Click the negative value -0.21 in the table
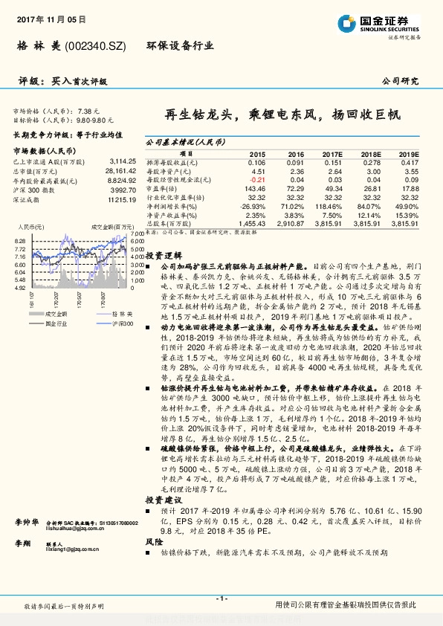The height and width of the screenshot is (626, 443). [x=256, y=179]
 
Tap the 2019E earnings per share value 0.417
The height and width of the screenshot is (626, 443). [x=410, y=162]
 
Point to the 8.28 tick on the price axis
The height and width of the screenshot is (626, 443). [x=20, y=241]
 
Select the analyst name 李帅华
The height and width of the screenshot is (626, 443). [x=26, y=523]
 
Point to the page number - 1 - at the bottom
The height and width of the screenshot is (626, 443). [x=221, y=598]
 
